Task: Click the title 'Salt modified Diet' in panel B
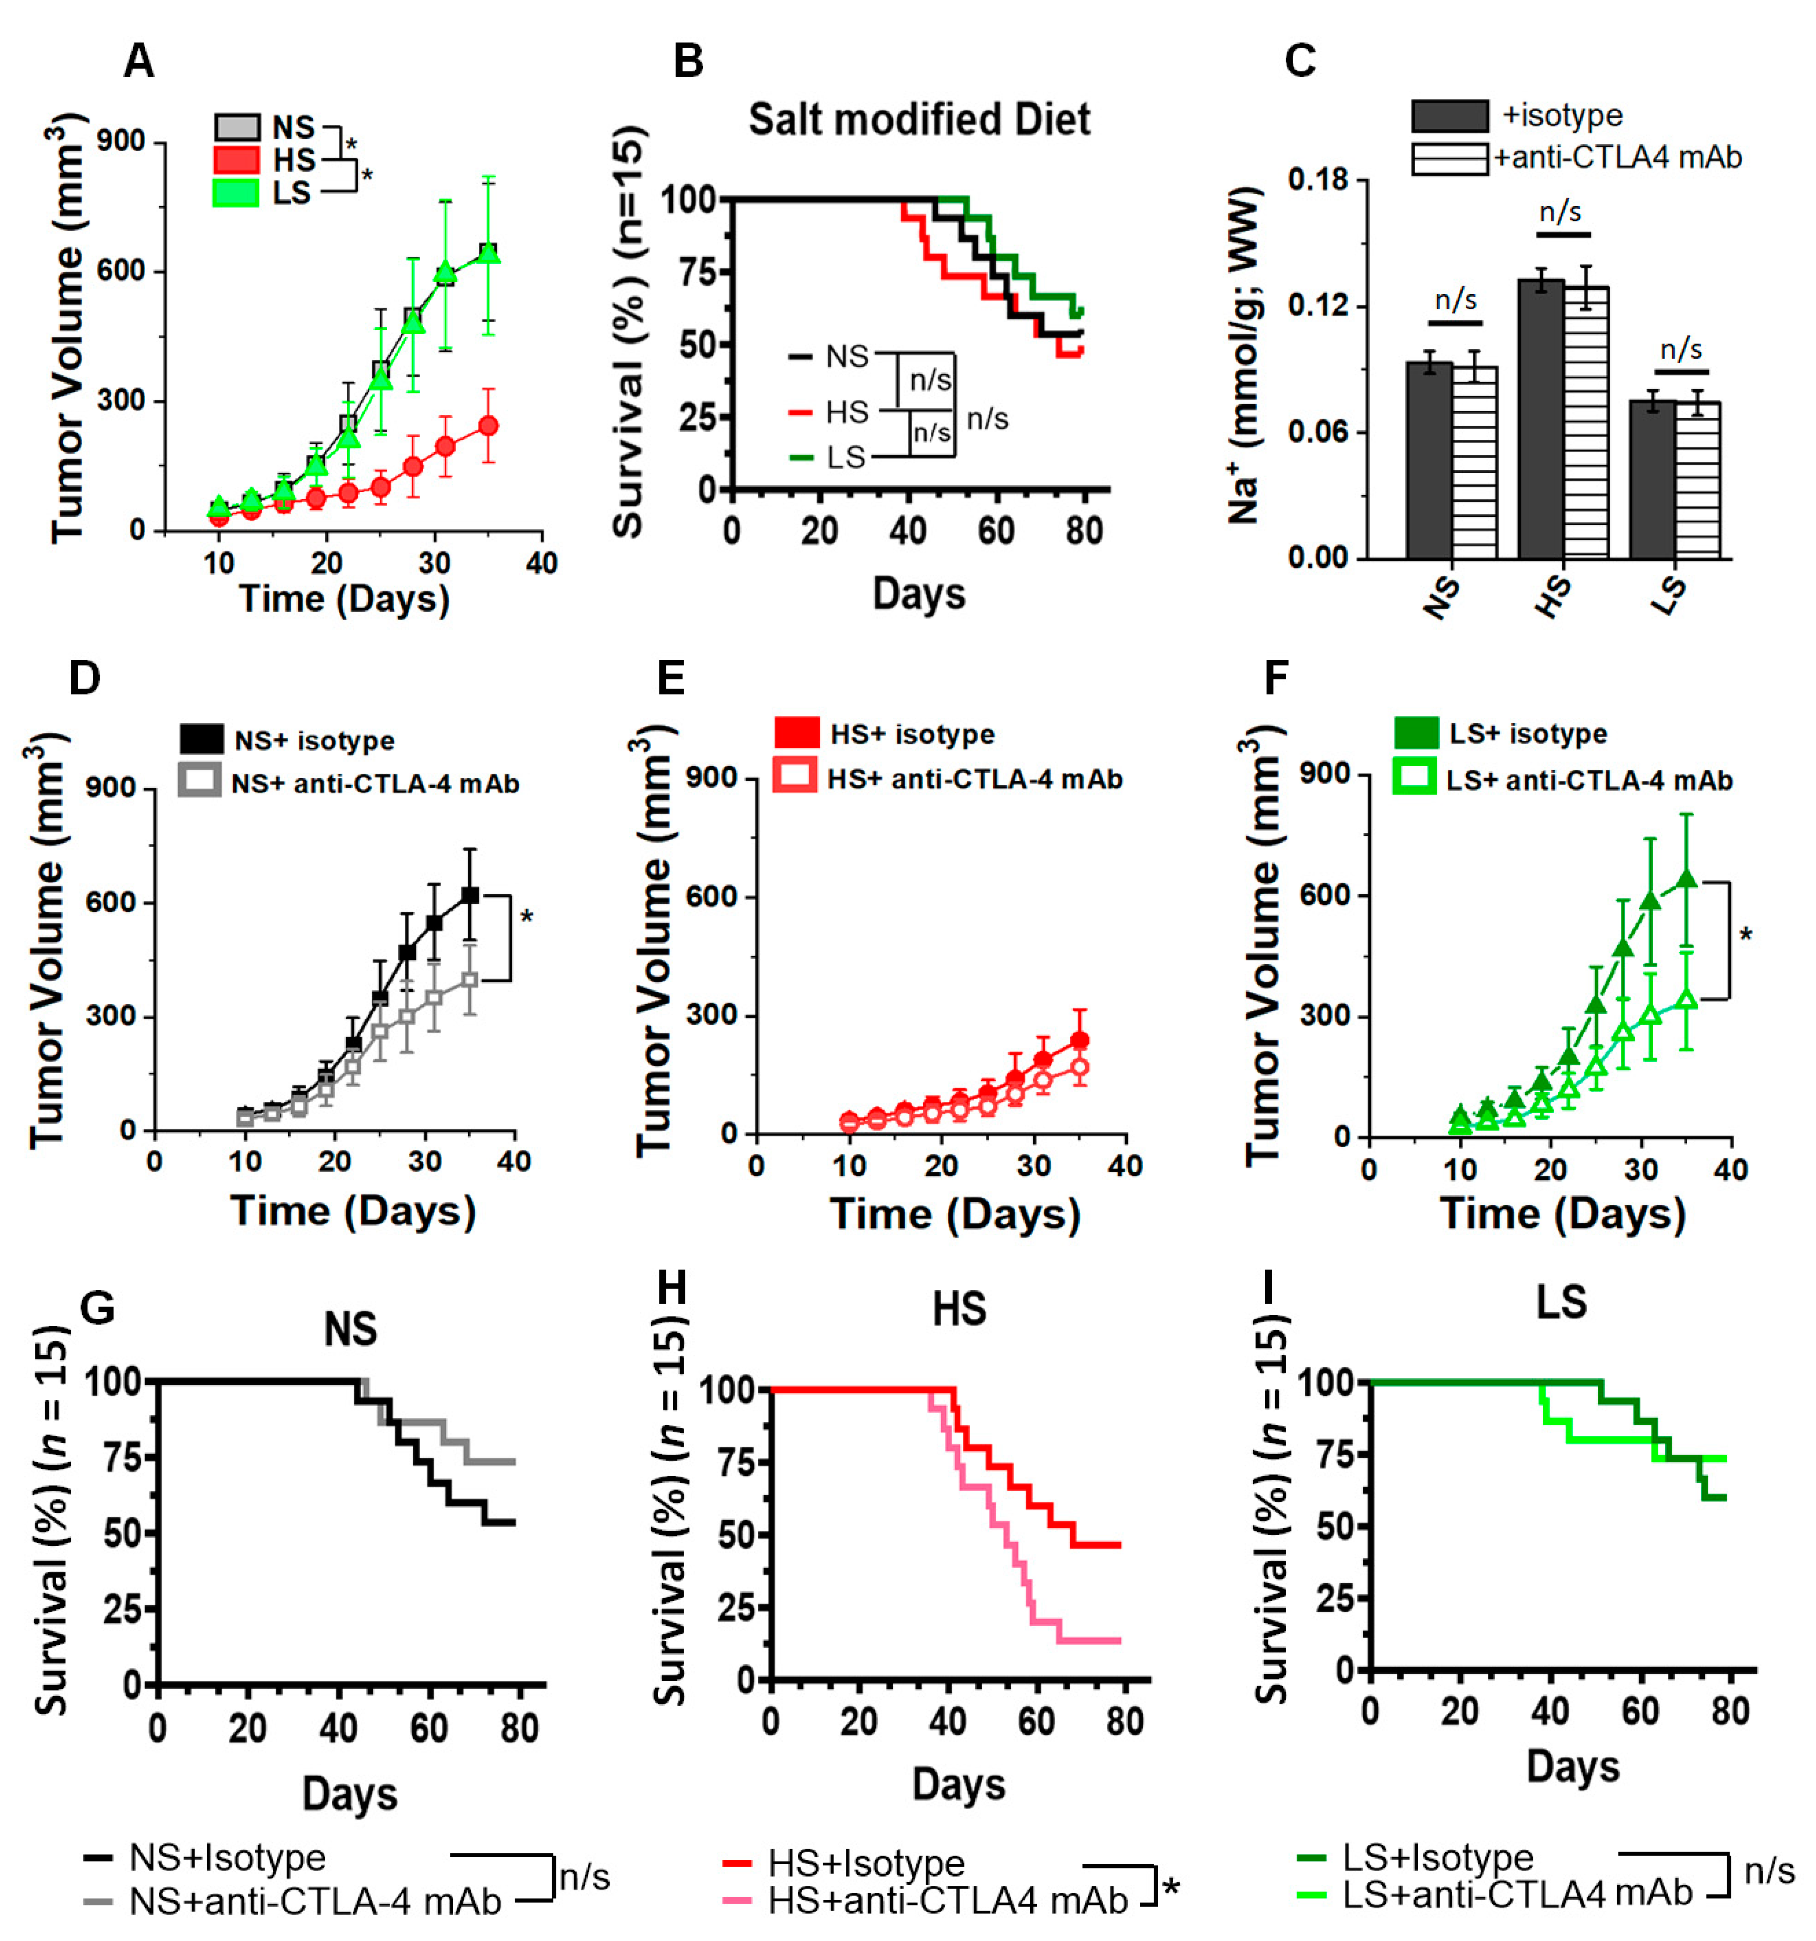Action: click(919, 120)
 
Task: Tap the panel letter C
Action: click(1300, 61)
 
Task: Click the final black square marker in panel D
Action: click(470, 895)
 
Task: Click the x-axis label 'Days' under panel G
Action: click(350, 1795)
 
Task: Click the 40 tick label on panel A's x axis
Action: click(542, 564)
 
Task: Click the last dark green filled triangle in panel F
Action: click(1686, 878)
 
